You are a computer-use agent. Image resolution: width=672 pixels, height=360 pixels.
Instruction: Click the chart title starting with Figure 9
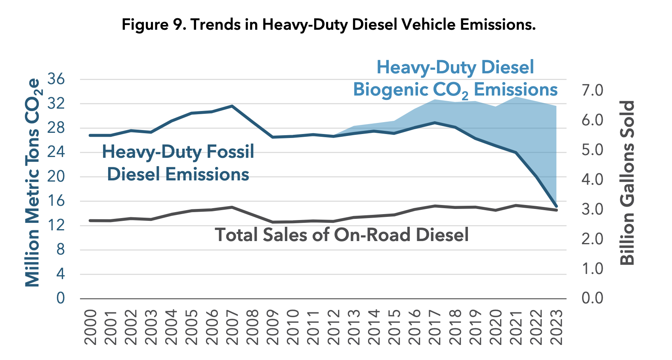tap(328, 25)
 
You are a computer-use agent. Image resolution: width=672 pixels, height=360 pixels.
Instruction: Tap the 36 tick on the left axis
tap(56, 80)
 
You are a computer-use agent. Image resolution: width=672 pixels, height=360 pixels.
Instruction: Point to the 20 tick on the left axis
tap(56, 177)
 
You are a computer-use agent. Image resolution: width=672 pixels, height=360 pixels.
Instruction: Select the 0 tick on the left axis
tap(60, 298)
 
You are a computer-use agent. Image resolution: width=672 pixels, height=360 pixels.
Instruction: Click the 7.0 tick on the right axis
tap(592, 90)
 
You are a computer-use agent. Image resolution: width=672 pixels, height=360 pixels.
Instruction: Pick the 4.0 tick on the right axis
tap(592, 179)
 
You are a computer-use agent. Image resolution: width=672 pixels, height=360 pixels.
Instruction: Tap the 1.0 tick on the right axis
tap(592, 268)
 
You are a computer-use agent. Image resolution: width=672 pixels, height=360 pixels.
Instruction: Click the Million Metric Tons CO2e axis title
tap(32, 182)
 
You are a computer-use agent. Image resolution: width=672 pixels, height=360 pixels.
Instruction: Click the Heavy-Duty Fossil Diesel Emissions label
tap(178, 163)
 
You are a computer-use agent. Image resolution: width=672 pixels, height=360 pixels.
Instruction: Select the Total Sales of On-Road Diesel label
tap(342, 235)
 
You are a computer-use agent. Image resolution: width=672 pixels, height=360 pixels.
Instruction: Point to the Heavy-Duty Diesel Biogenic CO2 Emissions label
tap(455, 79)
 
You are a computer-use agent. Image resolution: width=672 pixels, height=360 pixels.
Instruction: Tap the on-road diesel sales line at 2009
tap(273, 222)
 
